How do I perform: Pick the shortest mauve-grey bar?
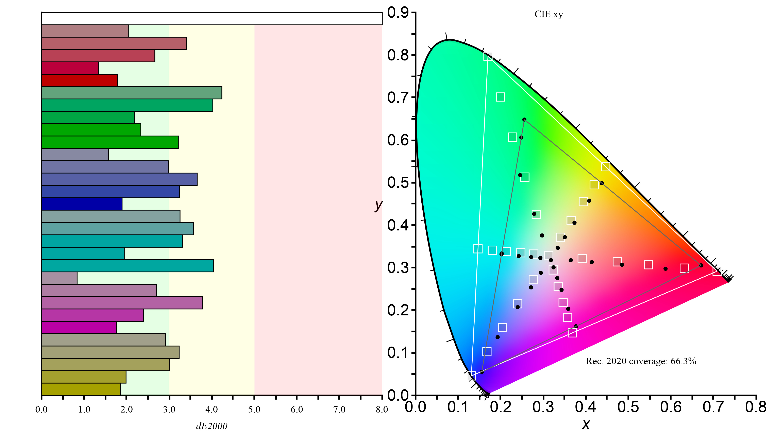point(59,278)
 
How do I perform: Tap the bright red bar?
point(79,80)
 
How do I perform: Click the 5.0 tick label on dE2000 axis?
point(254,409)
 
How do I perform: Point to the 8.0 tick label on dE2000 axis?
point(382,409)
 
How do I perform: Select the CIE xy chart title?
point(549,15)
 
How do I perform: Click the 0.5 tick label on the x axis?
point(628,407)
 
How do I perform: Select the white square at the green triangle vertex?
point(488,56)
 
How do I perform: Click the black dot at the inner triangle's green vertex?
point(524,120)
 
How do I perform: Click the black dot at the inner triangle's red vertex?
point(701,265)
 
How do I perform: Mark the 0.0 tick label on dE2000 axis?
point(41,409)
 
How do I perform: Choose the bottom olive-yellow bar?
point(81,389)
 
